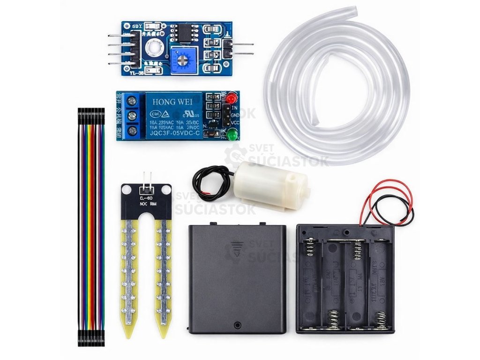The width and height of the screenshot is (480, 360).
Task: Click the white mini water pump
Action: coord(270,185)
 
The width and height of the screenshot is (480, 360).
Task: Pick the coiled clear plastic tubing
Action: coord(337,84)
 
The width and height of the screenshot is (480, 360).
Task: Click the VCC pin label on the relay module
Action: coord(235,122)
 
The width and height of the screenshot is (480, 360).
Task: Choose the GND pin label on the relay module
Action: coord(235,115)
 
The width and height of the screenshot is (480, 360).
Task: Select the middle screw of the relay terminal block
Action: coord(132,115)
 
